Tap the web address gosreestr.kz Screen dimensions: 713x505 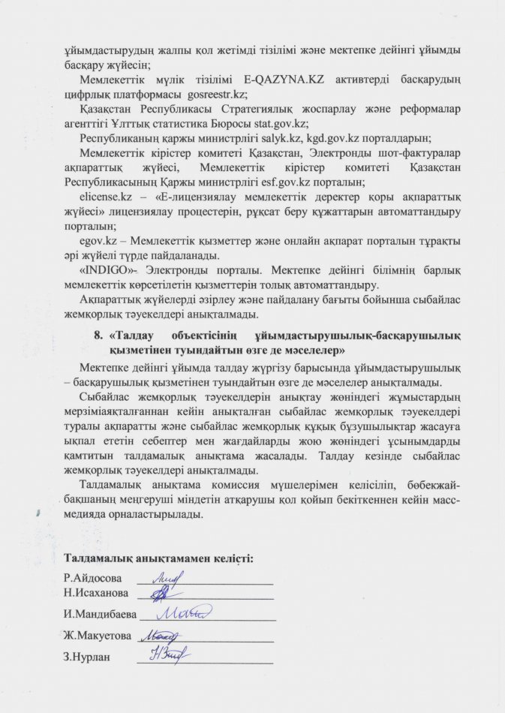click(x=215, y=95)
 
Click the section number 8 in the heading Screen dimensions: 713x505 click(x=92, y=335)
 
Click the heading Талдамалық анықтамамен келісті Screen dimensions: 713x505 click(x=159, y=559)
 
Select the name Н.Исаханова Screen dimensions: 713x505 click(x=96, y=594)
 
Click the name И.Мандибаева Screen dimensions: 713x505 click(x=100, y=615)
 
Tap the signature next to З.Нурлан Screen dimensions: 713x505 click(x=167, y=657)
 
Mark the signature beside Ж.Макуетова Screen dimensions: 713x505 click(x=164, y=636)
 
